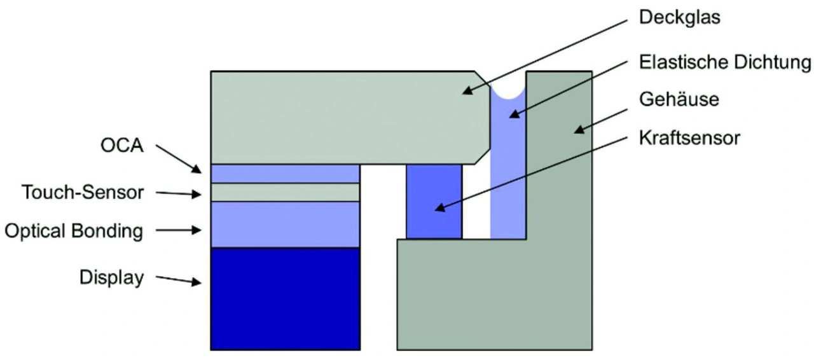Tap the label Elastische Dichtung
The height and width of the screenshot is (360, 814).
[725, 62]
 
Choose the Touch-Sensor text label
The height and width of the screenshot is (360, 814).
[83, 192]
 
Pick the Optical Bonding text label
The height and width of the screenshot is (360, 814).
[74, 230]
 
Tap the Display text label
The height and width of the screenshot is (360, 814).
[112, 278]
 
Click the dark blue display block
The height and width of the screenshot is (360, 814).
[286, 298]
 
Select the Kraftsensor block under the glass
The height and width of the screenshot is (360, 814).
[434, 202]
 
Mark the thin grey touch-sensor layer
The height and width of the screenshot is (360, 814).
[286, 192]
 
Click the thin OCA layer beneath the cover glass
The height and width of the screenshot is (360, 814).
[286, 174]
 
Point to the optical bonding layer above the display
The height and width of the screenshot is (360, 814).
[286, 224]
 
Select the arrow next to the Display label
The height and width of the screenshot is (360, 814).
[178, 280]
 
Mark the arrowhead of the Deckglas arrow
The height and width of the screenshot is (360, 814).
[466, 91]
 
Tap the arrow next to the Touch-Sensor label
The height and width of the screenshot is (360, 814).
[178, 193]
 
